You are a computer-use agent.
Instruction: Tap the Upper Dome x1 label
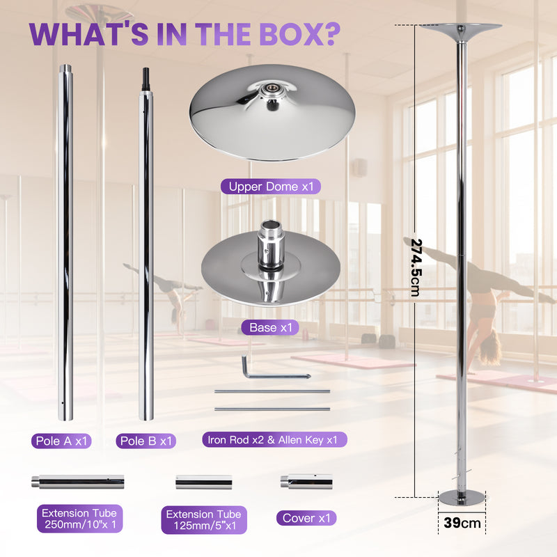pos(270,187)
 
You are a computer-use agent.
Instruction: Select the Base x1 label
pos(269,327)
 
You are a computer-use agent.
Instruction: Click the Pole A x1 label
pos(61,441)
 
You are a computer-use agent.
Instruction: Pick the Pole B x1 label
pos(147,441)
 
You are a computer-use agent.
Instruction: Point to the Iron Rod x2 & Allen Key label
pos(274,439)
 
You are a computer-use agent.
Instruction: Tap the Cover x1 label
pos(306,518)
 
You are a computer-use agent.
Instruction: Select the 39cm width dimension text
pos(460,522)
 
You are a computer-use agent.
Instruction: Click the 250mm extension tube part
pos(77,481)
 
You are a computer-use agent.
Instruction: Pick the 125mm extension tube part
pos(203,482)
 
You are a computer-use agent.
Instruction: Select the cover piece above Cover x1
pos(306,481)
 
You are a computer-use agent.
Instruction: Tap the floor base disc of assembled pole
pos(460,497)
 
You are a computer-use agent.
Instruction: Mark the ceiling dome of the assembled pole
pos(461,31)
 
